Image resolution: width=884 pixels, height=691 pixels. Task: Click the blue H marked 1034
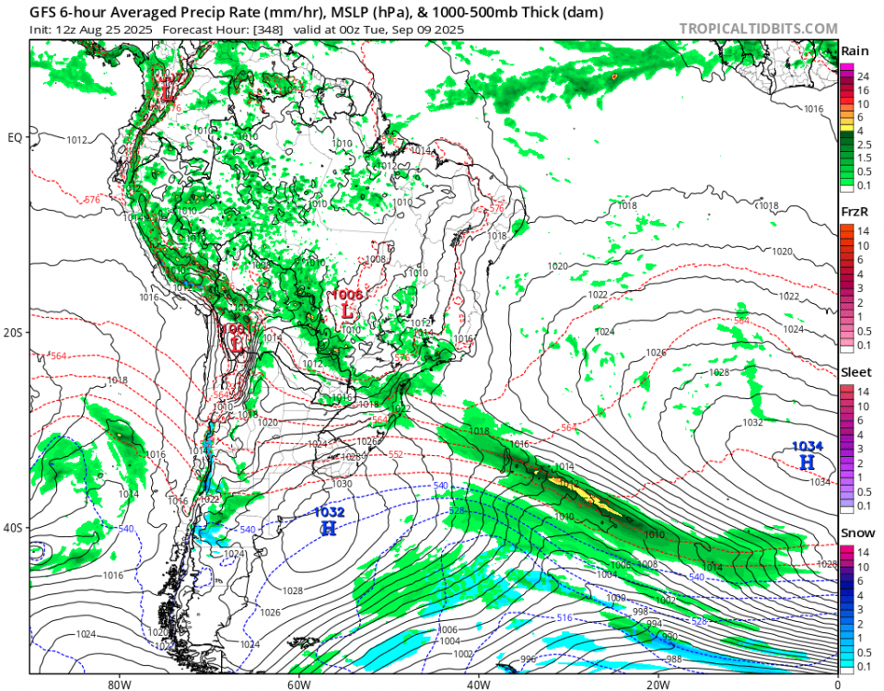tap(807, 462)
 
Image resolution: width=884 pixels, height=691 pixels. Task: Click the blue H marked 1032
tap(329, 528)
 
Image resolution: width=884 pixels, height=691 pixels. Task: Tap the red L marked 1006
tap(347, 311)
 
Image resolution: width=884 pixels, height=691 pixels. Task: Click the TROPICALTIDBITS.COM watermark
tap(758, 28)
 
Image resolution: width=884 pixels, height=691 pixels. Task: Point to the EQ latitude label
tap(15, 138)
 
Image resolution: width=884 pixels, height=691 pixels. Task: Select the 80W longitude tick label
tap(118, 685)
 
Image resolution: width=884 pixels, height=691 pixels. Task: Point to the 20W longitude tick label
tap(657, 685)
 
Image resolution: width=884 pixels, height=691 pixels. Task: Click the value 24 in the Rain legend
tap(864, 76)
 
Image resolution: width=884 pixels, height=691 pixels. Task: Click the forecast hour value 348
tap(251, 29)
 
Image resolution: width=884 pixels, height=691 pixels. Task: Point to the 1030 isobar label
tap(342, 483)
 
